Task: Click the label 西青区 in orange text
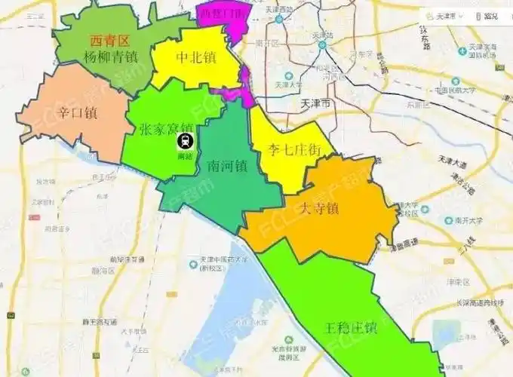[x=110, y=41]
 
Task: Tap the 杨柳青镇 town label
[x=111, y=57]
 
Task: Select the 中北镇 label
[x=197, y=57]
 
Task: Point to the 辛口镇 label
[x=78, y=113]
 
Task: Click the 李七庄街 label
[x=290, y=149]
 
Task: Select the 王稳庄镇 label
[x=351, y=328]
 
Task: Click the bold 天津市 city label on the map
[x=315, y=103]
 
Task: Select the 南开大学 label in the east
[x=467, y=221]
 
